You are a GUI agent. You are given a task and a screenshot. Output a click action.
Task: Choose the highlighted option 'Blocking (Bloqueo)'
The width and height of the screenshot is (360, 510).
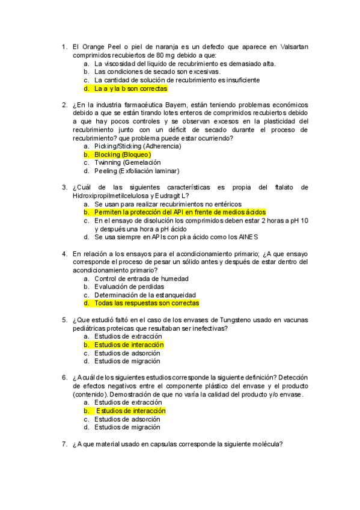(x=123, y=155)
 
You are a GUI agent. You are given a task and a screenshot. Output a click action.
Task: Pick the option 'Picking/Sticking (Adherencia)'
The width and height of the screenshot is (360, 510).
(x=138, y=146)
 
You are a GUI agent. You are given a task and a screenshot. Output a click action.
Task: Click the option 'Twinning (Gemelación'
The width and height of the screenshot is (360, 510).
(x=127, y=162)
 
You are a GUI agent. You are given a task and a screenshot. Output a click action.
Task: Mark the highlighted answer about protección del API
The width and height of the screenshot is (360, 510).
(x=180, y=212)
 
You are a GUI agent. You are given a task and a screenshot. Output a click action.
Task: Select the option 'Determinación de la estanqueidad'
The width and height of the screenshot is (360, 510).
(x=145, y=295)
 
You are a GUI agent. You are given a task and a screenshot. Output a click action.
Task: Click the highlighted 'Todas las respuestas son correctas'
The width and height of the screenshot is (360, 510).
(x=147, y=303)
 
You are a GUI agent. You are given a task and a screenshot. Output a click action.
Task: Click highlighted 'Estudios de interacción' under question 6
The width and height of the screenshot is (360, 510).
(x=130, y=410)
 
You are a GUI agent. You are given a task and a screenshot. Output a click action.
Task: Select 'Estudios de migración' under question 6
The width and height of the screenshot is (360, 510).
(x=127, y=427)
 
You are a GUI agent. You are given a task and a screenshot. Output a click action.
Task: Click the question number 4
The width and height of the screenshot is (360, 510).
(x=64, y=254)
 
